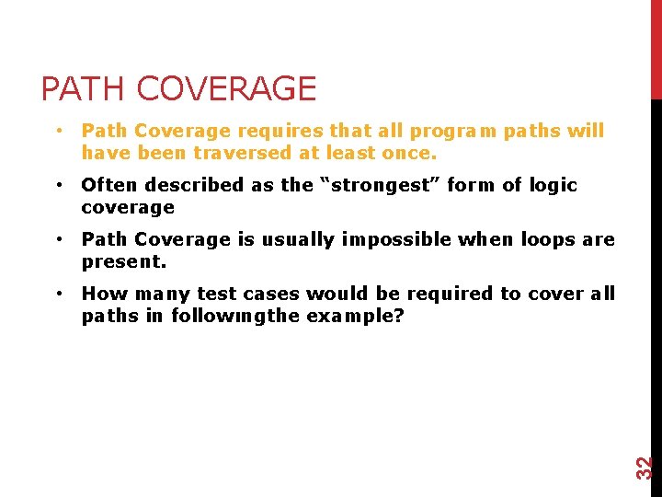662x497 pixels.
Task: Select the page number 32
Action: [x=646, y=467]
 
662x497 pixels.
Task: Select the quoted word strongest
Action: [x=379, y=185]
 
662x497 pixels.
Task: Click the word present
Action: [x=123, y=262]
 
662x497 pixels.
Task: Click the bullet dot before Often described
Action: [x=58, y=185]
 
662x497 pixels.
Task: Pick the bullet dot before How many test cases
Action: [x=58, y=295]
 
